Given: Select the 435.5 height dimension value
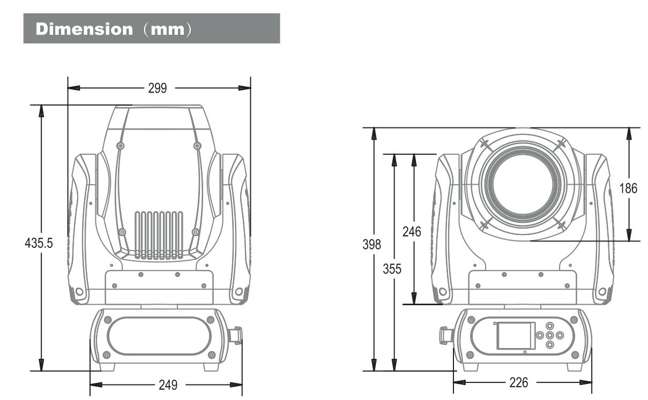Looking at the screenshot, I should coord(39,243).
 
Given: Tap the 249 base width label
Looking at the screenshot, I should coord(168,384).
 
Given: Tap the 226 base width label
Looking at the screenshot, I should coord(518,382).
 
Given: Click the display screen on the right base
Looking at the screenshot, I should coord(515,335).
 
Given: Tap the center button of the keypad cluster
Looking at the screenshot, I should coord(549,335).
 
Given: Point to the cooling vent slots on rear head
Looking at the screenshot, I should coord(159,236).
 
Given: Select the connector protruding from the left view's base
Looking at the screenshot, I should coord(235,335).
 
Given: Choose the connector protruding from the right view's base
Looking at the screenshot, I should coord(445,335).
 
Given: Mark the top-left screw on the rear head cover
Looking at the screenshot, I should coord(121,146).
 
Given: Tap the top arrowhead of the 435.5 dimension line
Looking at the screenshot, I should coord(41,109).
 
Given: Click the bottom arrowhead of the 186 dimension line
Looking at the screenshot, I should coord(629,236).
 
